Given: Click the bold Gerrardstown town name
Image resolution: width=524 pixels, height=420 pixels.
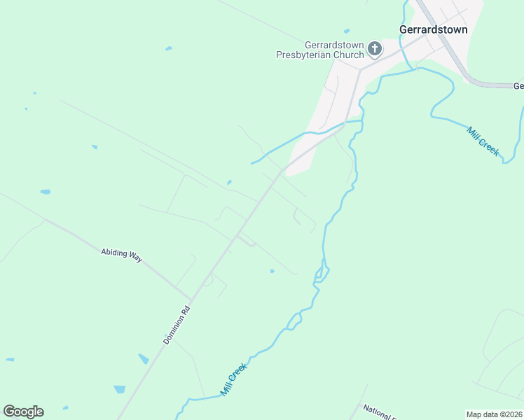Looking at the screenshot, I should [433, 29].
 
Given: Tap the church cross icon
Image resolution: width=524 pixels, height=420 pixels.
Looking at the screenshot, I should [375, 48].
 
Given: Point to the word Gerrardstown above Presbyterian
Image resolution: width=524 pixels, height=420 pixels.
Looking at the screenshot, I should [334, 44].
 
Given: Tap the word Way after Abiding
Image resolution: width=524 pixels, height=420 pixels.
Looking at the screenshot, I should [135, 258].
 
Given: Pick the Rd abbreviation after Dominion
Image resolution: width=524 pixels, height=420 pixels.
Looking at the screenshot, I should [186, 309].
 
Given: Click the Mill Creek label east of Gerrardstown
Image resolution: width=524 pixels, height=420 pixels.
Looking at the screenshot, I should [483, 140].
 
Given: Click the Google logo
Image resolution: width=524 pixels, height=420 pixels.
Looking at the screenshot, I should [23, 412].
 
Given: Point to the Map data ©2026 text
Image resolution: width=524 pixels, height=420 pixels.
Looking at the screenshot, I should [494, 414].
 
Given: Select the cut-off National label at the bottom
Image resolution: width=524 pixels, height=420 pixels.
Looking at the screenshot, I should [378, 413].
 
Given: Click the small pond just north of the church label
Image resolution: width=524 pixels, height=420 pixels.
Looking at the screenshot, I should [346, 31].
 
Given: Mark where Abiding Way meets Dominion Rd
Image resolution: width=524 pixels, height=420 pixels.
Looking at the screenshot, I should [191, 299].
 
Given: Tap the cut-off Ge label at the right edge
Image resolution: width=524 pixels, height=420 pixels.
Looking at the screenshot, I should [518, 86].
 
